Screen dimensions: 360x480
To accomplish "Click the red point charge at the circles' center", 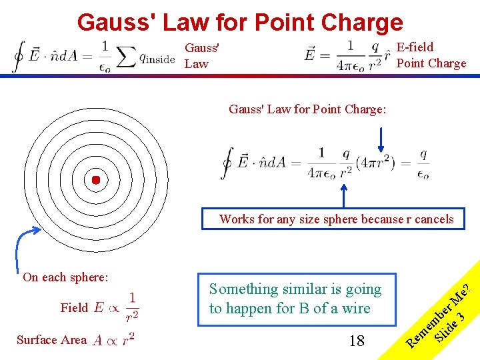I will [x=95, y=180].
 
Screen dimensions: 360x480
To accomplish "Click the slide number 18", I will [x=357, y=341].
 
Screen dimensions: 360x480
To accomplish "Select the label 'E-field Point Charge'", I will [x=431, y=55].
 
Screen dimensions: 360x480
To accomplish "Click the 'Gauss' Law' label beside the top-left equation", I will [x=202, y=56].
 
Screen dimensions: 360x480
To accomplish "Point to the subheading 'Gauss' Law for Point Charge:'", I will [x=307, y=109].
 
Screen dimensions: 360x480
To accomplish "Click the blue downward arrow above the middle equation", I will [x=380, y=141].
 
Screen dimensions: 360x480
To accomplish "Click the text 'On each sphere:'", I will [x=65, y=277].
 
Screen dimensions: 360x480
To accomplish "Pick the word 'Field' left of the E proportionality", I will [x=74, y=307].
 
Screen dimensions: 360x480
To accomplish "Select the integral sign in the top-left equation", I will [x=19, y=57].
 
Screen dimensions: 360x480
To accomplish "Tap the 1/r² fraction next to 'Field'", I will [x=133, y=307].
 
